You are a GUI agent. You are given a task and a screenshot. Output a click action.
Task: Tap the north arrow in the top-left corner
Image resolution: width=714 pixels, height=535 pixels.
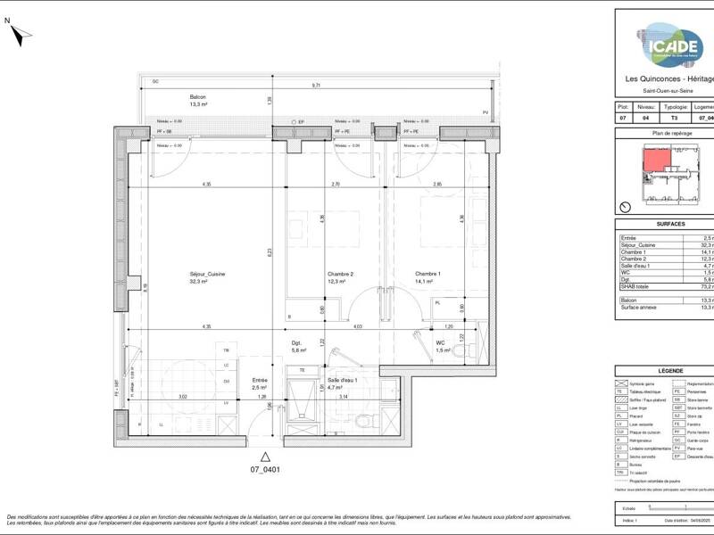[19, 34]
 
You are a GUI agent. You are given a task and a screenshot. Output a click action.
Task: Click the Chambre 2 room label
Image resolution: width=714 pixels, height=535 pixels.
[315, 276]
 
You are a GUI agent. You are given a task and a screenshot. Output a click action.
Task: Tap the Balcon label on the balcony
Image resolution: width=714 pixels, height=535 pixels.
[198, 98]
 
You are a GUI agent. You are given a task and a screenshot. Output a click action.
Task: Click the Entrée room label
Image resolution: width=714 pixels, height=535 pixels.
[259, 379]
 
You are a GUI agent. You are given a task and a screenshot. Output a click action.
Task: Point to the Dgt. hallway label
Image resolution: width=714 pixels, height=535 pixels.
[298, 343]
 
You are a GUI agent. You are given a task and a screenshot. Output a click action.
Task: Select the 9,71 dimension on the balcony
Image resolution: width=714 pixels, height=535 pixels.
[316, 86]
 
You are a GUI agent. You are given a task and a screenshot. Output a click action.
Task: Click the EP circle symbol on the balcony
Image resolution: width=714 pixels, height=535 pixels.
[292, 121]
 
